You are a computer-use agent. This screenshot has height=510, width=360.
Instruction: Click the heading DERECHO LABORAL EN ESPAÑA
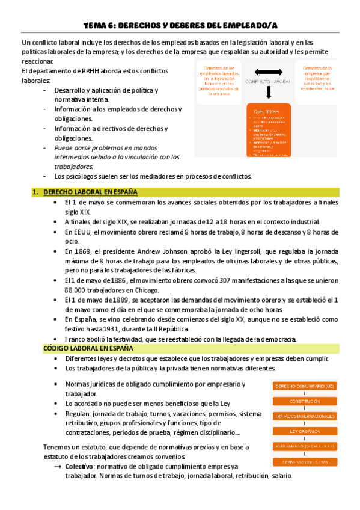pos(90,192)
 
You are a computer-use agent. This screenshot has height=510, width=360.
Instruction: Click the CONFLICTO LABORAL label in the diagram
pos(269,81)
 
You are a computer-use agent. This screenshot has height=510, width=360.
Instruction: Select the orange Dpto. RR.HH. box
pos(269,130)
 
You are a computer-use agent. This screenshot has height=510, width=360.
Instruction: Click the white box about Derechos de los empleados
pos(218,80)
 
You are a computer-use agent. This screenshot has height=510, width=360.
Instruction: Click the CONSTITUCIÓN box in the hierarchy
pos(304,401)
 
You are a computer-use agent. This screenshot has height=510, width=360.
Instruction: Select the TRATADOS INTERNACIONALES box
pos(304,416)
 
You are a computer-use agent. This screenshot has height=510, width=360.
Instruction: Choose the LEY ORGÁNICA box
pos(304,431)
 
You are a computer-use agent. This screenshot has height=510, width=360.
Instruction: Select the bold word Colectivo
pos(79,466)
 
